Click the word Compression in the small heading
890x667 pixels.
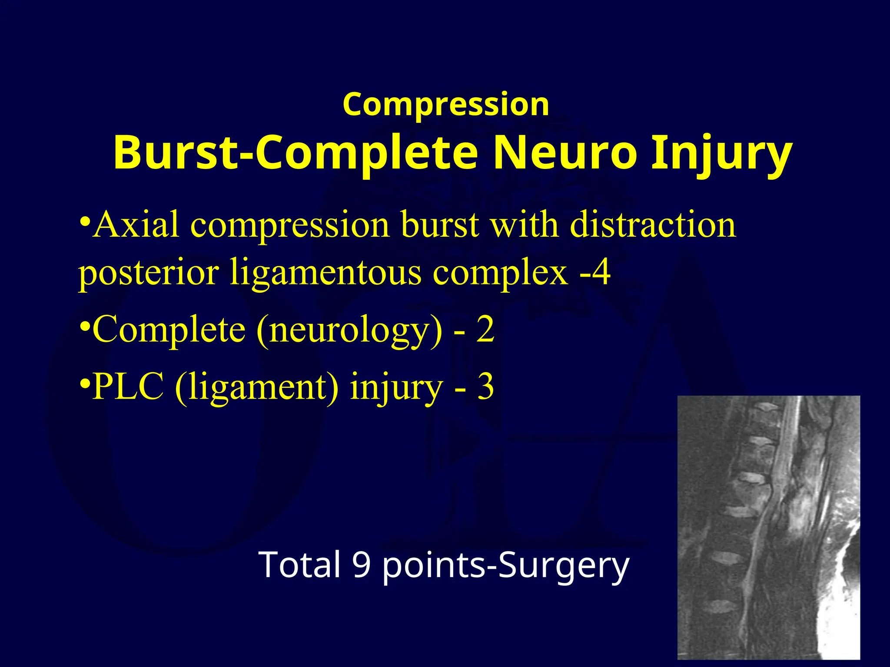point(446,105)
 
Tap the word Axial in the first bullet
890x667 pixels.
point(136,225)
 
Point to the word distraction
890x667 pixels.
point(653,225)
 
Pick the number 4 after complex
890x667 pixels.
point(602,273)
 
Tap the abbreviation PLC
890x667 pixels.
point(128,386)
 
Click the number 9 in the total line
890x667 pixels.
point(361,565)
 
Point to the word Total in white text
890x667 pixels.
point(299,565)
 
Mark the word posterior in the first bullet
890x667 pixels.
point(148,274)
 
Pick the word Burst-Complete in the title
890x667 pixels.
point(296,153)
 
